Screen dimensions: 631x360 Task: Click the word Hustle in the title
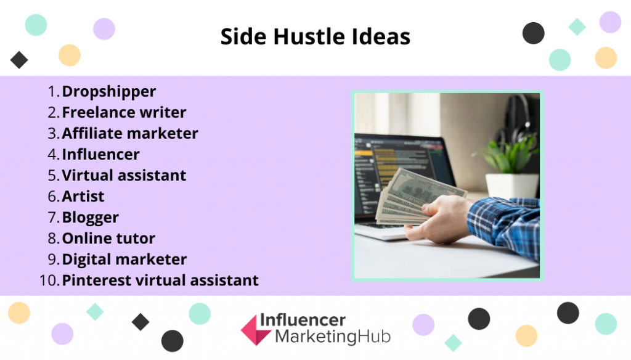309,36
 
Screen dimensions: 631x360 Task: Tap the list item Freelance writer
124,112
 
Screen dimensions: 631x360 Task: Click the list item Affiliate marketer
130,133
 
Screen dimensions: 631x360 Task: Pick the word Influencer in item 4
100,154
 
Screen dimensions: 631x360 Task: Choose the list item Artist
83,196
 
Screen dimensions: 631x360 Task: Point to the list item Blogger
90,218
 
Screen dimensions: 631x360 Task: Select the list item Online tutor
108,239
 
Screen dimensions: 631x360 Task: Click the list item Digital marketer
124,260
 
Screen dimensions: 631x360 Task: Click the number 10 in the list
49,280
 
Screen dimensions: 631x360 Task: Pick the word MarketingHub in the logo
333,337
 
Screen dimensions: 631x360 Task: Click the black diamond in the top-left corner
19,60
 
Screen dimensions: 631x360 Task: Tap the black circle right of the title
533,33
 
